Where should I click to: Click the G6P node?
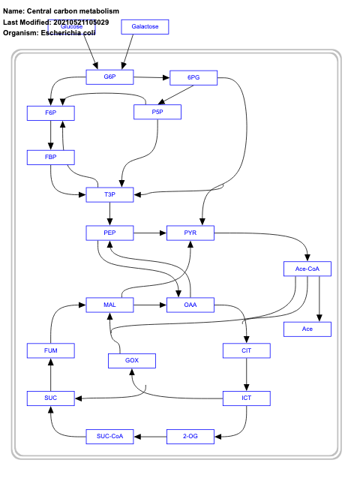point(109,77)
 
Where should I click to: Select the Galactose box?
point(145,27)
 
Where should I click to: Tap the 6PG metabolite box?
point(193,77)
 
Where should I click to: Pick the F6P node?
point(51,113)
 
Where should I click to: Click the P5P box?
point(157,112)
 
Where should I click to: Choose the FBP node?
point(51,157)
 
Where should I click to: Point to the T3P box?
point(109,195)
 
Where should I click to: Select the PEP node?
point(109,234)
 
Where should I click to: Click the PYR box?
point(190,234)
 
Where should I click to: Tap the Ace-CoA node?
point(307,269)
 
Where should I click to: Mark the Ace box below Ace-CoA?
point(307,329)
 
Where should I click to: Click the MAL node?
point(109,305)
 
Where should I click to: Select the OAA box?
point(190,305)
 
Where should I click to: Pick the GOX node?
point(132,361)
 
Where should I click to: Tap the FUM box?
point(51,350)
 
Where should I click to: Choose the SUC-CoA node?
point(109,436)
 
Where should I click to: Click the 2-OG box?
point(190,436)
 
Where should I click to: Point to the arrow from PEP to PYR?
point(150,234)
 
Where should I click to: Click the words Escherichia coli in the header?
point(73,33)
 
